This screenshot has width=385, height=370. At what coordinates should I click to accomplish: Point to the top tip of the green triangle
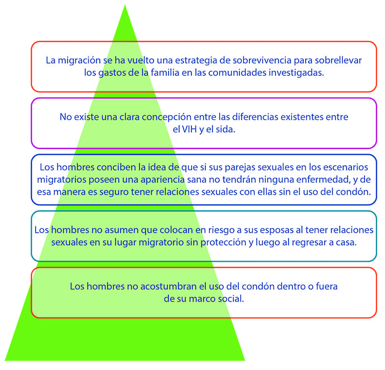124,6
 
